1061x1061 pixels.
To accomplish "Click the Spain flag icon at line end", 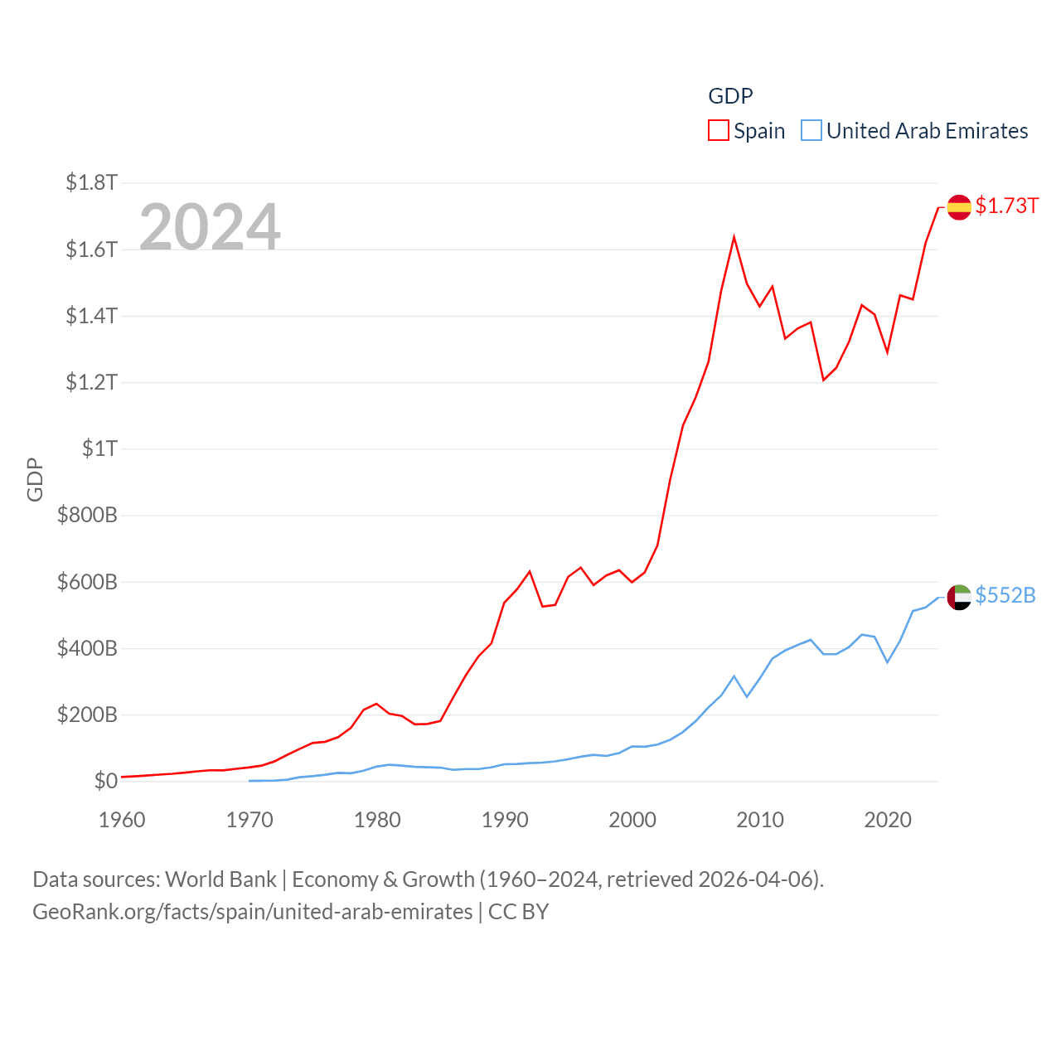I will point(959,207).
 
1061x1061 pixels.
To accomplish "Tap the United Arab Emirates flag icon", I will point(959,597).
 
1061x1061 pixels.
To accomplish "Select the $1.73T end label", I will point(1006,206).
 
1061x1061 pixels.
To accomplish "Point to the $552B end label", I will point(1005,595).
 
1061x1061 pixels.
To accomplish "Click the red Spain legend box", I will point(718,131).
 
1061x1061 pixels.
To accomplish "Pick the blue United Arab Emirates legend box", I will point(811,131).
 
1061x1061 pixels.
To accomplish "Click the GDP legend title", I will point(730,96).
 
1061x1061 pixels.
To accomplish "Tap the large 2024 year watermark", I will point(210,226).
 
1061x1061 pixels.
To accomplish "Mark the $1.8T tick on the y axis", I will point(91,182).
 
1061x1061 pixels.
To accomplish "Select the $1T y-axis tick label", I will point(99,448).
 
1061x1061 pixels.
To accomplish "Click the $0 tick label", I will point(105,781).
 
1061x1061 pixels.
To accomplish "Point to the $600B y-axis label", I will point(87,582).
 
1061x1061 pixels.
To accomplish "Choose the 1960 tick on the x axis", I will point(122,820).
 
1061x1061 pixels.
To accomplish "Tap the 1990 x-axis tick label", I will point(505,820).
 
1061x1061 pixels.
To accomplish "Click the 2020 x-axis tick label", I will point(888,820).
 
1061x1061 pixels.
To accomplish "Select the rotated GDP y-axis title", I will point(35,479).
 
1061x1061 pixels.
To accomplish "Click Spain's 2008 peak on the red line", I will point(734,238).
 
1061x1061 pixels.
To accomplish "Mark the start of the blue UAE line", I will point(250,781).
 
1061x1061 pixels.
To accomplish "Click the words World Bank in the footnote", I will point(220,879).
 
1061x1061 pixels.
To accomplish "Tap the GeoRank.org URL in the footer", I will point(252,912).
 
